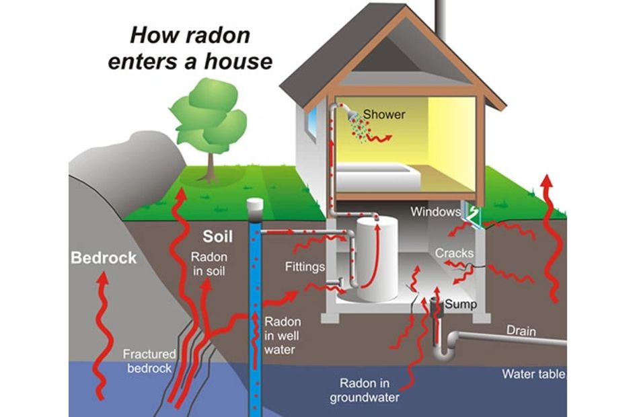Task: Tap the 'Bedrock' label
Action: [104, 258]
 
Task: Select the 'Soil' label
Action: [218, 237]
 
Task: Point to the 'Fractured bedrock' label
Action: [149, 361]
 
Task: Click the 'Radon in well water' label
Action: [283, 335]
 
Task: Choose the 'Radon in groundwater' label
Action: [364, 390]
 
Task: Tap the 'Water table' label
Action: [533, 374]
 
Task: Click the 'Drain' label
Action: [521, 331]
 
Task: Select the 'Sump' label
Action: [461, 304]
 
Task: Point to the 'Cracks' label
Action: [454, 254]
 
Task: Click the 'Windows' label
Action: [435, 212]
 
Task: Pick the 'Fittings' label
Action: [305, 267]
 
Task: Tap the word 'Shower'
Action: [384, 114]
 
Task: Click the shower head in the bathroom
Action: [352, 115]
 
